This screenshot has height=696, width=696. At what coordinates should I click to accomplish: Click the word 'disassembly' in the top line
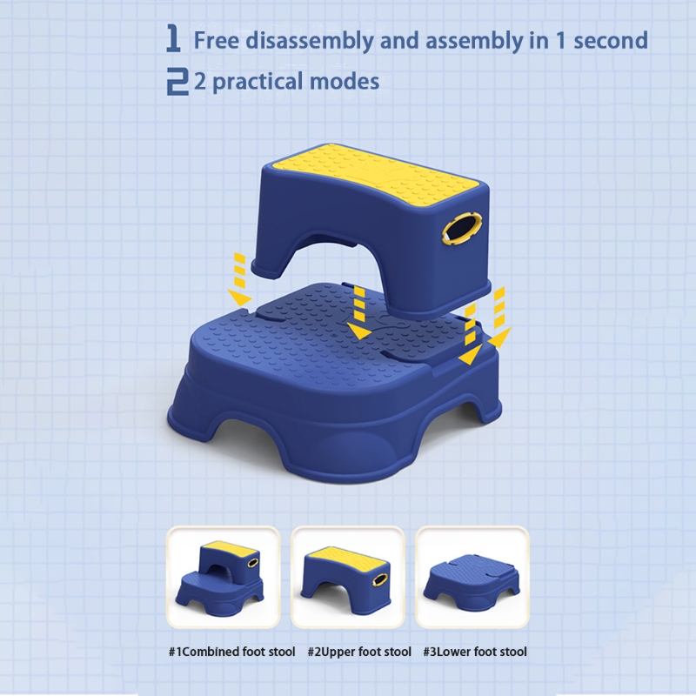(310, 40)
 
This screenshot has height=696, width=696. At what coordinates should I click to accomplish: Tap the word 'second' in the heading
(611, 40)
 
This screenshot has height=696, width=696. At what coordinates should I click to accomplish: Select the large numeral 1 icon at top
(173, 38)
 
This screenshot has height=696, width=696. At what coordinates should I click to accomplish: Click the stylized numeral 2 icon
(177, 81)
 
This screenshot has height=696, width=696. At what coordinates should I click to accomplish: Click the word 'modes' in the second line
(344, 82)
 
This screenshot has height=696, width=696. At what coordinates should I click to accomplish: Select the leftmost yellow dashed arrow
(240, 279)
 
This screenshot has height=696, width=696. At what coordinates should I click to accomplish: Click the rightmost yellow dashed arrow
(499, 317)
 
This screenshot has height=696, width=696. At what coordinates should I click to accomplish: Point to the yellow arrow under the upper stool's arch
(359, 312)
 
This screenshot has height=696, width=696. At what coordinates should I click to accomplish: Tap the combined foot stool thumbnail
(224, 577)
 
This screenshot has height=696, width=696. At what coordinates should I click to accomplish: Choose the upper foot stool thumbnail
(347, 577)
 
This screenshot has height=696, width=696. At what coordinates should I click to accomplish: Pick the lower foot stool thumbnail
(472, 577)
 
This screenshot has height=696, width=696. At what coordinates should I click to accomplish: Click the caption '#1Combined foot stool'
(231, 652)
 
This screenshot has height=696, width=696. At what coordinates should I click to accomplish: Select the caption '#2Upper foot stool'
(359, 652)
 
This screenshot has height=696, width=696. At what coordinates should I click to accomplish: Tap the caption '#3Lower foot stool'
(475, 652)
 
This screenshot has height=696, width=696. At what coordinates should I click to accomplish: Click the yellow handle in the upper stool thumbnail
(378, 579)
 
